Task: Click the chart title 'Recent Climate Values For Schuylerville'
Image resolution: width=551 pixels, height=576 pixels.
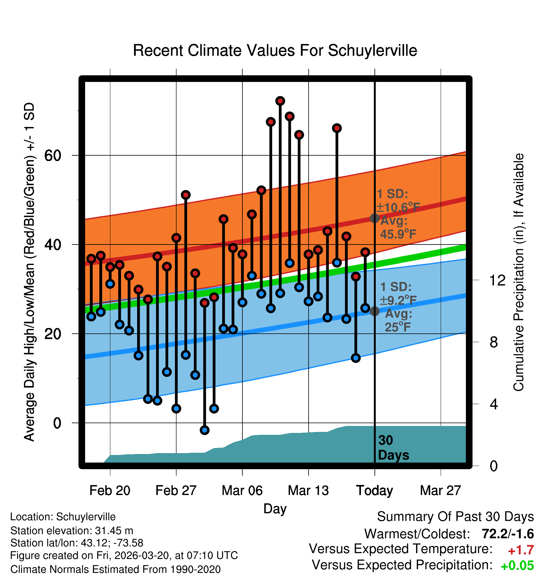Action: point(275,50)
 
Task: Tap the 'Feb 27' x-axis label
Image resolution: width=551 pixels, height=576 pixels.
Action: point(176,491)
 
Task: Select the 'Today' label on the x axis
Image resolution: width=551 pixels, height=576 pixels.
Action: point(374,491)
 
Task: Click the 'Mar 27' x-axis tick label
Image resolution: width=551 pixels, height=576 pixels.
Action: point(440,491)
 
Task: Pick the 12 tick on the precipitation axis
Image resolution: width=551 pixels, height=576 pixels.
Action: point(497,280)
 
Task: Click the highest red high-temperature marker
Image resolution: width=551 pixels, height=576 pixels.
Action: point(280,101)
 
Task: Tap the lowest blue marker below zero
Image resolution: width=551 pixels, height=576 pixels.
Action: point(205,430)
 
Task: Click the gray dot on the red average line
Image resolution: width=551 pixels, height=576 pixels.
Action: point(374,218)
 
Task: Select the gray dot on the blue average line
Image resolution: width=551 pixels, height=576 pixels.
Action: point(374,311)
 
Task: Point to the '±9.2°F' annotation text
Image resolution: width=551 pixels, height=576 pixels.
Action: point(398,301)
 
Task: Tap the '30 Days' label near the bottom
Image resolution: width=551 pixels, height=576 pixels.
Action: point(393,448)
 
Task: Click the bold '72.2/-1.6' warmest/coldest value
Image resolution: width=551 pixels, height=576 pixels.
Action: point(507,534)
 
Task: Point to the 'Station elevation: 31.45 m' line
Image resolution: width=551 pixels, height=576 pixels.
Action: point(72,531)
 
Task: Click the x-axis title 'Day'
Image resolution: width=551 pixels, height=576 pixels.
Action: point(275,509)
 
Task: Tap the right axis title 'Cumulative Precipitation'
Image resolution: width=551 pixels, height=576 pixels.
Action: point(519,273)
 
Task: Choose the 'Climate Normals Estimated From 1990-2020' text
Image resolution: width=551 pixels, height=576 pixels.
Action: point(115,569)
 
